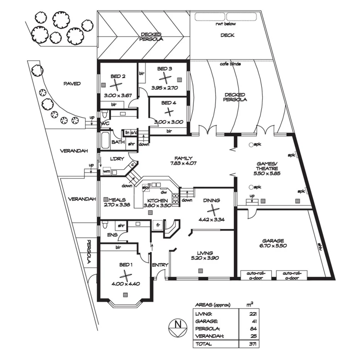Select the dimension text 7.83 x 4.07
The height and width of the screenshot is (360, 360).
pyautogui.click(x=183, y=163)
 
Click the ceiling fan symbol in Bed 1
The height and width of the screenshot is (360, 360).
pyautogui.click(x=125, y=275)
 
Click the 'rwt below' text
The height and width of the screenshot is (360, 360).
pyautogui.click(x=226, y=24)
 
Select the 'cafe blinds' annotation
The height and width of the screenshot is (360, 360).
pyautogui.click(x=230, y=64)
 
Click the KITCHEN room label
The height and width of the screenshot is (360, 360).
pyautogui.click(x=156, y=200)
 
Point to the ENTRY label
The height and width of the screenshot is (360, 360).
pyautogui.click(x=160, y=265)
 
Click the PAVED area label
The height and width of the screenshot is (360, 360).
pyautogui.click(x=73, y=83)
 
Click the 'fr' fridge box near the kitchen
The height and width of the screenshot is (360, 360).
pyautogui.click(x=157, y=225)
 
